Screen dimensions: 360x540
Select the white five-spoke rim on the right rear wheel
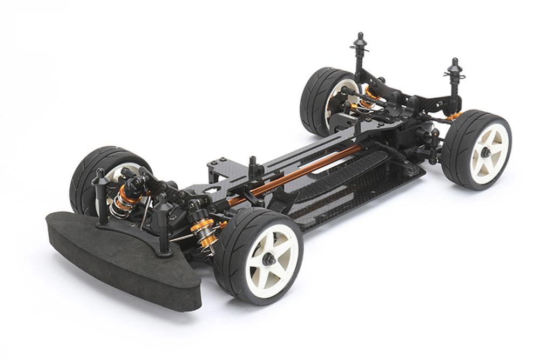tap(489, 151)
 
